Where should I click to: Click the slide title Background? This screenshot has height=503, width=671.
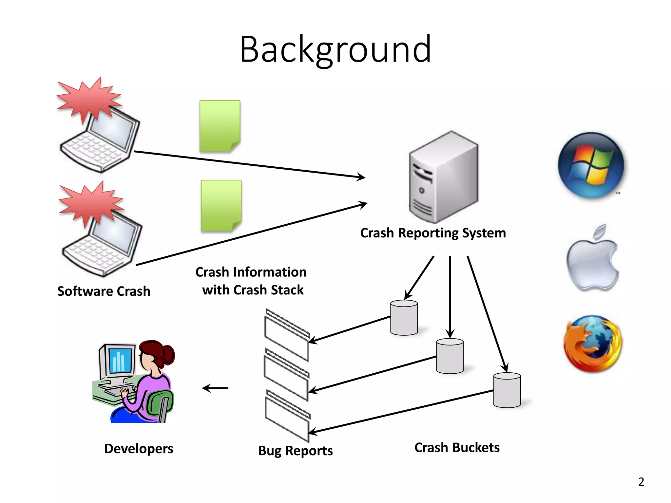[335, 50]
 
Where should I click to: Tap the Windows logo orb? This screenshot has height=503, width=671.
[591, 165]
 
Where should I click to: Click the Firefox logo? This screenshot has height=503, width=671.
[592, 344]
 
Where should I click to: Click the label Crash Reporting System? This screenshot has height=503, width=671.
[433, 233]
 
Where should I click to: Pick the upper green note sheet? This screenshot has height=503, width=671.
[220, 126]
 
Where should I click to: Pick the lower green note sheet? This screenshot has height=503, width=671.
[221, 206]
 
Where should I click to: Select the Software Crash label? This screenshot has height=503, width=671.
[104, 291]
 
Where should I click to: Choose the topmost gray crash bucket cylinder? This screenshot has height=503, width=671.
[404, 318]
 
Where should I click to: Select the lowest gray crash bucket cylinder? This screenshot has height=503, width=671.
[507, 390]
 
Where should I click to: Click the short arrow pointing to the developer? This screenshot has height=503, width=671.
[215, 388]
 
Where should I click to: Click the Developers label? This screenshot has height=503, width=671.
[139, 449]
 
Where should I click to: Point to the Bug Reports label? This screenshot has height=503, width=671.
[295, 451]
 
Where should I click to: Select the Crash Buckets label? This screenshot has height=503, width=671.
[457, 448]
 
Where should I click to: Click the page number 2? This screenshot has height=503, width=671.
[641, 482]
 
